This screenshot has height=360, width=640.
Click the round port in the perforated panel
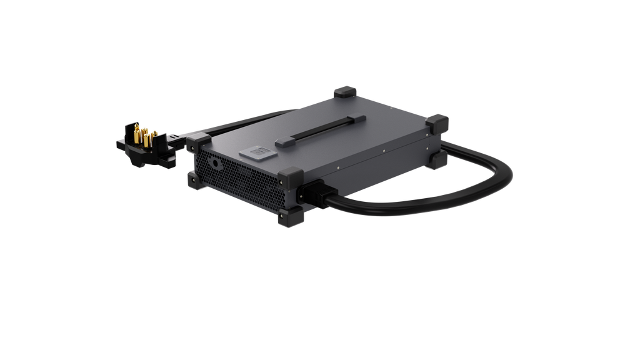[x=216, y=163]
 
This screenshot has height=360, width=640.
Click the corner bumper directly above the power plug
[x=291, y=177]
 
